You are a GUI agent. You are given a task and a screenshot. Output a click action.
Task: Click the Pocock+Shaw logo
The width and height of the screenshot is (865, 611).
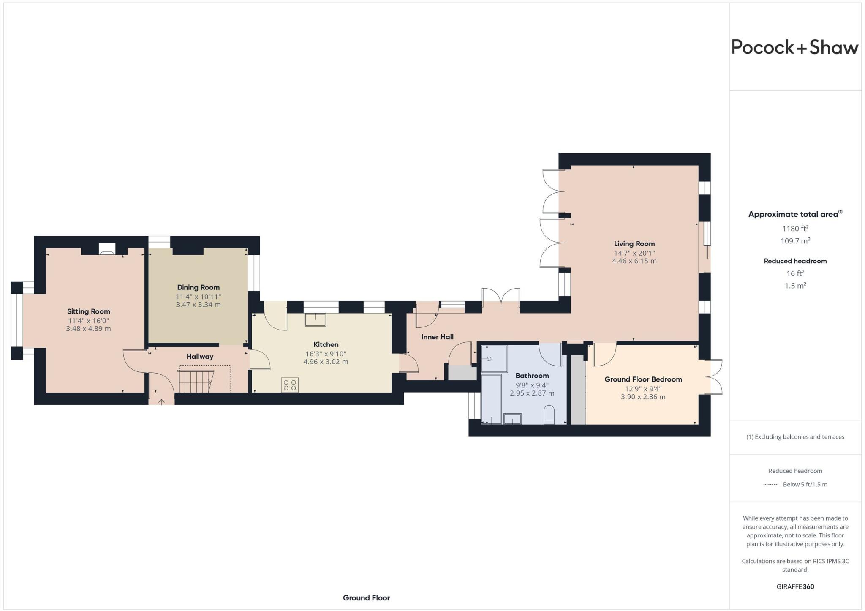tap(794, 47)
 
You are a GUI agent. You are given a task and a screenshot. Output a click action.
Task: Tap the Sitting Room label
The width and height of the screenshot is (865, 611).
tap(88, 311)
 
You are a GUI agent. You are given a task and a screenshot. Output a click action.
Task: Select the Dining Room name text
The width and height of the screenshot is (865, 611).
tap(198, 287)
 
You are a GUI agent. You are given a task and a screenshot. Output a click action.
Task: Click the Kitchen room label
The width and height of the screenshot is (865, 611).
tap(326, 344)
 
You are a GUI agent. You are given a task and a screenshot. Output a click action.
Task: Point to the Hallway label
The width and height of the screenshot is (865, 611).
tap(200, 357)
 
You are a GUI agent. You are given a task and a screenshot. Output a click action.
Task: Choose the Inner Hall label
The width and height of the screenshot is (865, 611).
tap(437, 337)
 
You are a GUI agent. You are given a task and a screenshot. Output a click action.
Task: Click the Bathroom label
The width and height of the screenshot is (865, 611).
tap(532, 376)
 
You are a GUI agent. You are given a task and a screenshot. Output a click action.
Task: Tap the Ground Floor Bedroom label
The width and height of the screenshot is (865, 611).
tap(643, 379)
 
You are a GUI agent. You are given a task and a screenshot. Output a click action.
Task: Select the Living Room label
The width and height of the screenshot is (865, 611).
tap(634, 244)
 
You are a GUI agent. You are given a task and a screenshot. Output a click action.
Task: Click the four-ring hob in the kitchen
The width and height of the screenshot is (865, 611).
tap(290, 385)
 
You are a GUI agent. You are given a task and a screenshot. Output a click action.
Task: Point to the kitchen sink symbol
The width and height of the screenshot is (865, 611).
tap(315, 320)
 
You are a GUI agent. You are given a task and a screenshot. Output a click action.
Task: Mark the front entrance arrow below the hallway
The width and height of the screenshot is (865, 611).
tap(161, 401)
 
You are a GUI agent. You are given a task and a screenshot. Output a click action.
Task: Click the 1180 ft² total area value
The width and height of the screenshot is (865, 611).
tap(795, 229)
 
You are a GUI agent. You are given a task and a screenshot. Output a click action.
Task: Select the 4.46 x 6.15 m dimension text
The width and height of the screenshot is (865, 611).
tap(634, 261)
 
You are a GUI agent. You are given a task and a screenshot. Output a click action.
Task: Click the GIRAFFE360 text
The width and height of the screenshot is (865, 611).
tap(795, 586)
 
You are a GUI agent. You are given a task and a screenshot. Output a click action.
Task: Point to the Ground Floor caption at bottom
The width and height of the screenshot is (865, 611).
tap(366, 597)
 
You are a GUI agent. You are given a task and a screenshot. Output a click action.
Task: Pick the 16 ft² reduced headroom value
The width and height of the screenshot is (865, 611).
tap(795, 273)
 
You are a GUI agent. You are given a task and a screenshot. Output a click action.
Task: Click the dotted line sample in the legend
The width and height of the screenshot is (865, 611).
tap(770, 485)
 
